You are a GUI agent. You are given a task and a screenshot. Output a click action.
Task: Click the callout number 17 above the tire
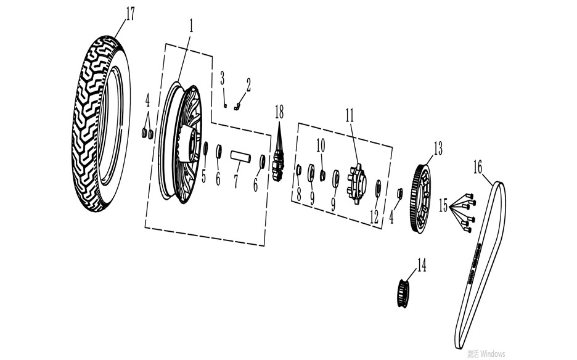(130, 14)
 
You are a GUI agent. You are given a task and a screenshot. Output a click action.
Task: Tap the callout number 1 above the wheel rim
(191, 26)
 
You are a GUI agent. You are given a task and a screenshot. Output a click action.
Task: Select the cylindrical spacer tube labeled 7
(240, 157)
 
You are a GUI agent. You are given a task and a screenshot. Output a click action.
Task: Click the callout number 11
(350, 115)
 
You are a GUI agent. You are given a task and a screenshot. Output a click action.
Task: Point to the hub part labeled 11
(356, 184)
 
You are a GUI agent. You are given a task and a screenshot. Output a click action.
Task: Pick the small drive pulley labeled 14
(403, 293)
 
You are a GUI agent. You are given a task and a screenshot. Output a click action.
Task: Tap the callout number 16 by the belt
(477, 168)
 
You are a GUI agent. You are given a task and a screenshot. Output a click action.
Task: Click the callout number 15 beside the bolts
(443, 205)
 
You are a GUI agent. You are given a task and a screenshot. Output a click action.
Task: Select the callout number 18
(279, 112)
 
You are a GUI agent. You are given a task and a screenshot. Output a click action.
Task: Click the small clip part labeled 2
(237, 107)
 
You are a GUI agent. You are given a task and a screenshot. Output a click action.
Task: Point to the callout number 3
(223, 78)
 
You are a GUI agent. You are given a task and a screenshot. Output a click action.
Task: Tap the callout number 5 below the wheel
(203, 176)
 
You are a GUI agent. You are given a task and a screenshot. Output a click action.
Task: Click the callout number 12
(374, 217)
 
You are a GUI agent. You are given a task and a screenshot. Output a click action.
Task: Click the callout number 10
(321, 145)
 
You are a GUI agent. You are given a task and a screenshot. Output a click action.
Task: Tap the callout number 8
(299, 194)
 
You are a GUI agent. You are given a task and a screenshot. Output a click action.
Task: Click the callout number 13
(438, 149)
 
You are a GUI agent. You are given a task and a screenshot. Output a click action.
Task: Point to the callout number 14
(421, 265)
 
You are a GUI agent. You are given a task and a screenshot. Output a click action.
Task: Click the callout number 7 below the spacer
(236, 182)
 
